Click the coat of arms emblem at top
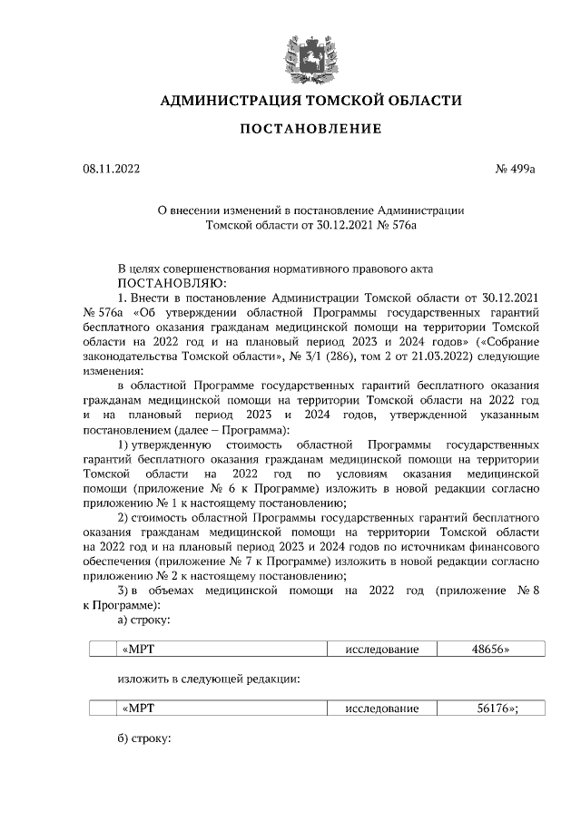pos(310,56)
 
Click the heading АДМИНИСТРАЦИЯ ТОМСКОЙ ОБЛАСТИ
pos(310,100)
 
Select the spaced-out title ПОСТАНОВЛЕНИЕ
pos(310,129)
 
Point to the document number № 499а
pos(516,168)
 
